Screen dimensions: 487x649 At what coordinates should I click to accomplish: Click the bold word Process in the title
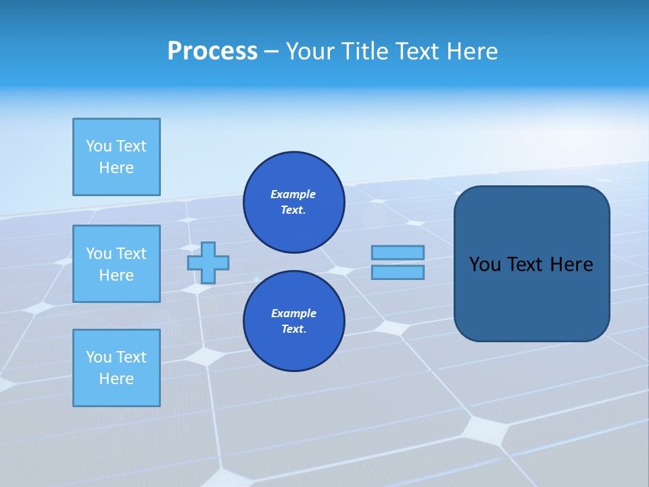pos(212,51)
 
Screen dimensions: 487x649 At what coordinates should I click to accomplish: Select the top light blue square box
pos(116,157)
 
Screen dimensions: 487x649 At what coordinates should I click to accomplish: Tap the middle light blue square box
pos(116,264)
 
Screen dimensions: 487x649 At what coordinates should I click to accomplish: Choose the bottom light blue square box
pos(116,368)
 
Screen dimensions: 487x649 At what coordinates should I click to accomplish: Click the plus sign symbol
pos(208,262)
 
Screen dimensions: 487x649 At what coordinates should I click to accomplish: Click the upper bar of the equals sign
pos(398,253)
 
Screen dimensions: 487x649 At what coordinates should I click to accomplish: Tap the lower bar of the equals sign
pos(398,272)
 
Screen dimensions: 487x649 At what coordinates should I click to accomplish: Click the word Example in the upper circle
pos(293,194)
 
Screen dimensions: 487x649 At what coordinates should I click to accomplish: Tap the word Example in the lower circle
pos(293,313)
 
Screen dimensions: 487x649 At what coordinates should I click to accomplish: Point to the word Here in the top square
pos(116,168)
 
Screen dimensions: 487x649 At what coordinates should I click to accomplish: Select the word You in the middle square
pos(98,254)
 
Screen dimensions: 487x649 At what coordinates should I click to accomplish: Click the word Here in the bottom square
pos(116,379)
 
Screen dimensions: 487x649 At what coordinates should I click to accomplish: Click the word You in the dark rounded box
pos(485,264)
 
